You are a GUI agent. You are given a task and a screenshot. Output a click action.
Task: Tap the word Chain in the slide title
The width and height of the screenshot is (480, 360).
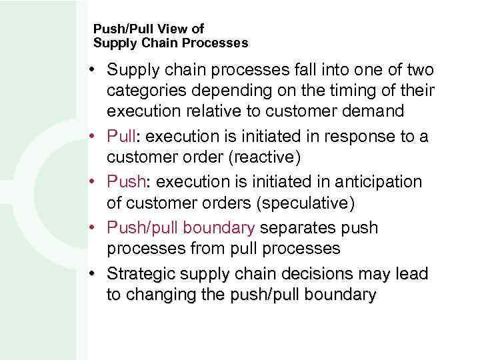153,43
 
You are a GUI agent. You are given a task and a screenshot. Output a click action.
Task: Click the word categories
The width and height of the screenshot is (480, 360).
149,91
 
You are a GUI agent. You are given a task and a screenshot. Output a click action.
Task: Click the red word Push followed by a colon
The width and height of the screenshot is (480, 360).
124,181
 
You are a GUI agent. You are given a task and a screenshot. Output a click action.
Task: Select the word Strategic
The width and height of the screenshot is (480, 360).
141,273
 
